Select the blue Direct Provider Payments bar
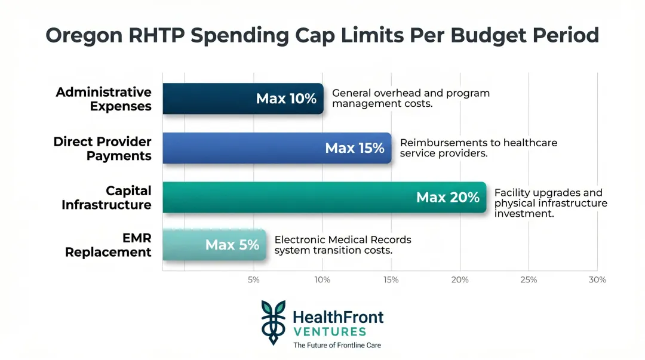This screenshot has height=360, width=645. [239, 148]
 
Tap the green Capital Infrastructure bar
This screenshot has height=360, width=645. [287, 197]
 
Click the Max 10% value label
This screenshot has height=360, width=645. [286, 99]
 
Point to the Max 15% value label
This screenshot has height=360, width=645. [355, 148]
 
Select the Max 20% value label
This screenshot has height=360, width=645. [448, 197]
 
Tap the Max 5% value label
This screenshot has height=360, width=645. [232, 245]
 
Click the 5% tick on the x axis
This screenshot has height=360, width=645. [253, 279]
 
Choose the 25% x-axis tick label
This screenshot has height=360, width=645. [529, 279]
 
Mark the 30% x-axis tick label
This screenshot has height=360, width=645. [597, 279]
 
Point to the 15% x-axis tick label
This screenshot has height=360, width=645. [391, 279]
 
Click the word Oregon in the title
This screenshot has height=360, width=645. [84, 36]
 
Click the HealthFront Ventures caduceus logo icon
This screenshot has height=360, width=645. [273, 322]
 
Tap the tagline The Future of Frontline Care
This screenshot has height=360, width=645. [337, 345]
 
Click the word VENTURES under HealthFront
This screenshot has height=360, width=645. [329, 331]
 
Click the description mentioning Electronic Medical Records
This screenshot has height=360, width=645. [342, 245]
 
